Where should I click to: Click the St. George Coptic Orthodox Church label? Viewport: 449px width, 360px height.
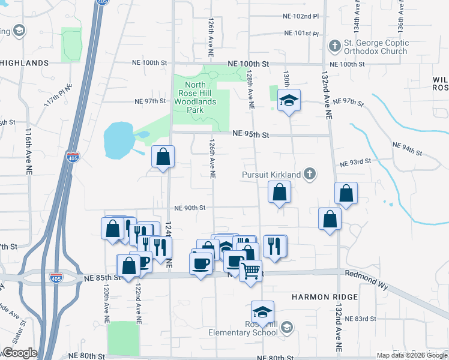(x=376, y=47)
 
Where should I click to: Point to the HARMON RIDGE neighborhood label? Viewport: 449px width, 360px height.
(x=325, y=297)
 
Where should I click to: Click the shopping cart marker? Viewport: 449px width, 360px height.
(x=250, y=269)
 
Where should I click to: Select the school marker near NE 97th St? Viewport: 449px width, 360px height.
(x=289, y=100)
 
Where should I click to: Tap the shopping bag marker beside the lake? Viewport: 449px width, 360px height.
(x=163, y=157)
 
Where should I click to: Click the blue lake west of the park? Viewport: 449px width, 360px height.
(x=118, y=138)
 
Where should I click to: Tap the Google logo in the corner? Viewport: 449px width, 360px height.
(x=19, y=353)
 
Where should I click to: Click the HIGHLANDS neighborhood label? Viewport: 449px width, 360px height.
(x=25, y=63)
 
